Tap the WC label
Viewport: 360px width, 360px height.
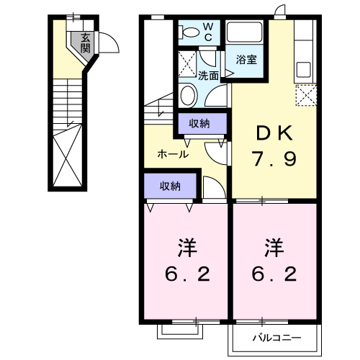coord(207,32)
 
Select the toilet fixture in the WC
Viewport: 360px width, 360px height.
coord(190,32)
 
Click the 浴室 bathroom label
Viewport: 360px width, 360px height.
coord(246,60)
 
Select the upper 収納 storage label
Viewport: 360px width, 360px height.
coord(199,124)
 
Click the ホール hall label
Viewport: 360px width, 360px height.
coord(173,154)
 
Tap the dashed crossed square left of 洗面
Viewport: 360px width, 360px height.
coord(186,63)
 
